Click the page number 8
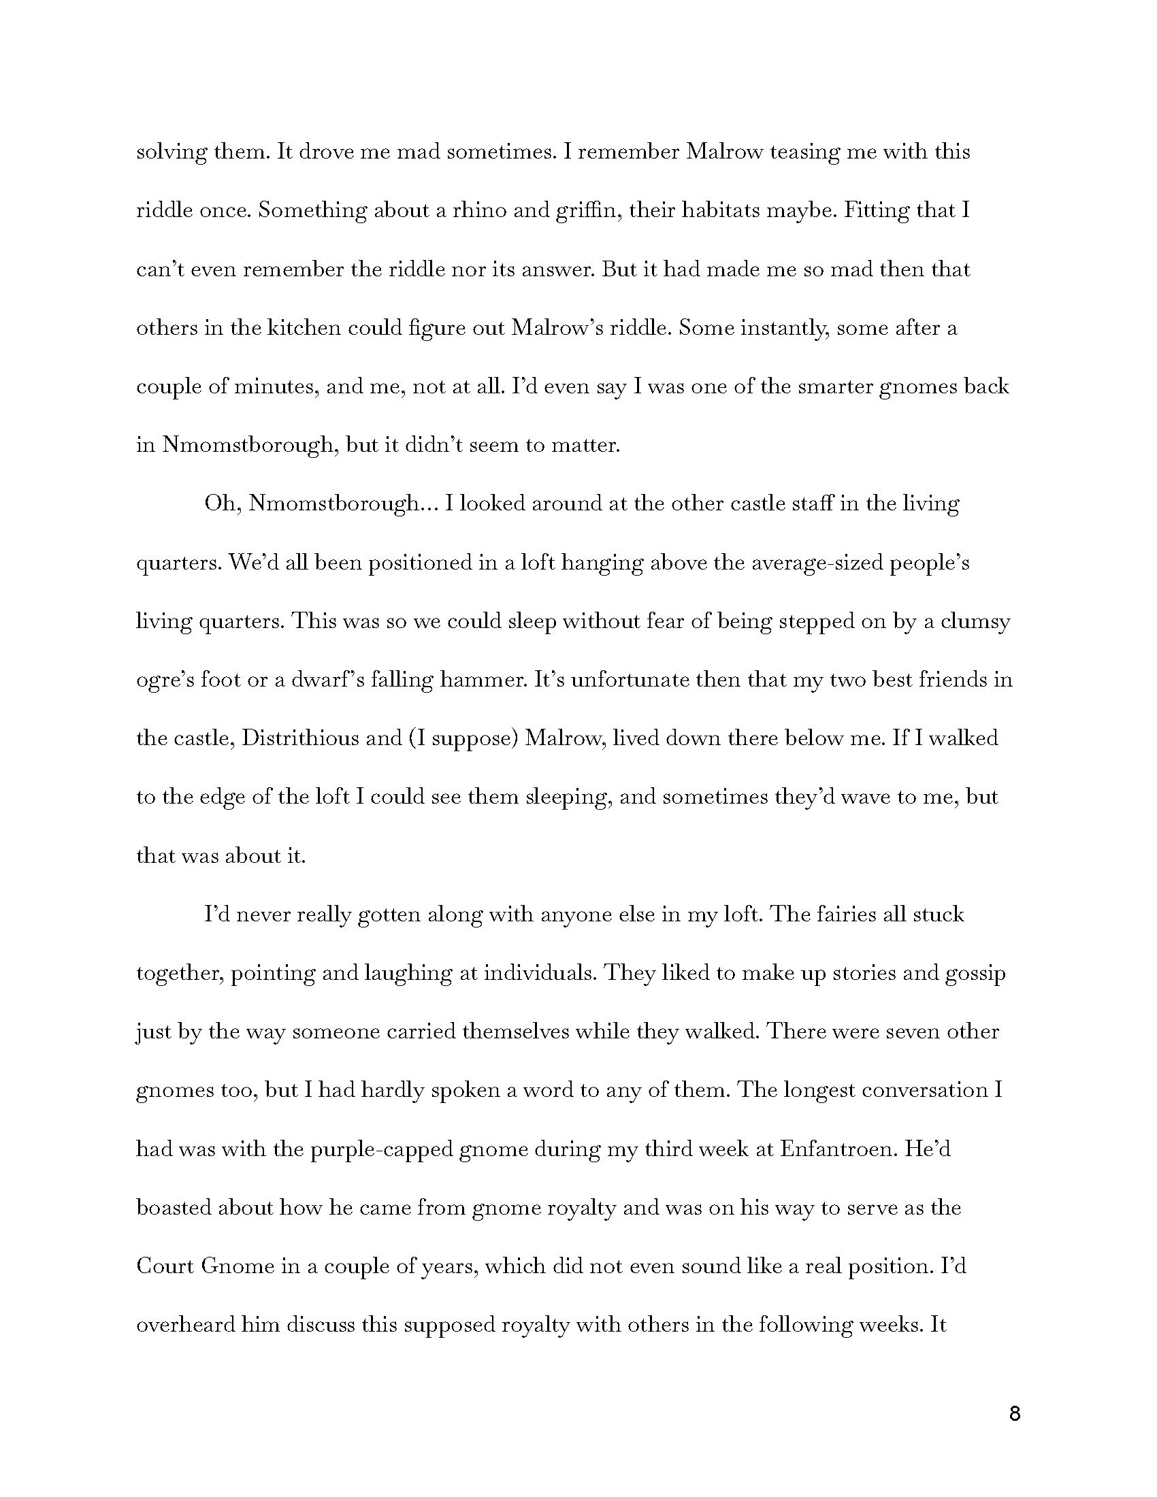click(1015, 1413)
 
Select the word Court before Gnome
click(165, 1266)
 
